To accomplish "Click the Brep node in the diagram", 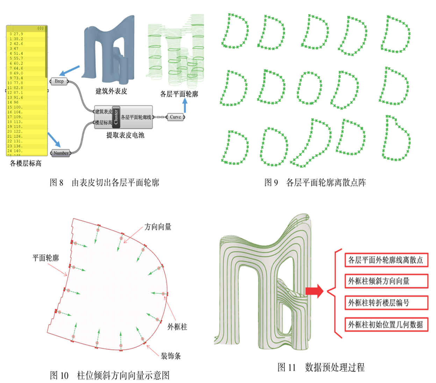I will (59, 81).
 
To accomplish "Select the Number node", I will (61, 153).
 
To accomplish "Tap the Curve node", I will (176, 117).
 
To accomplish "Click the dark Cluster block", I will (116, 117).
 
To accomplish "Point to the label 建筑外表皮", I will (111, 91).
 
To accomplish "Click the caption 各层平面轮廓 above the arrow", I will (179, 94).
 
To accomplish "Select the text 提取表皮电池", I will (125, 135).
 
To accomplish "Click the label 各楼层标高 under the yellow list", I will (26, 163).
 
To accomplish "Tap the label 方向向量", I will (158, 227).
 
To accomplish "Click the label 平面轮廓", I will (46, 258).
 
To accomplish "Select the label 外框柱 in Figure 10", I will (177, 327).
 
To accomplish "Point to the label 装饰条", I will (171, 356).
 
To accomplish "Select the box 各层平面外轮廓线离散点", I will (386, 260).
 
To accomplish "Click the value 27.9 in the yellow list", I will (18, 34).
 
